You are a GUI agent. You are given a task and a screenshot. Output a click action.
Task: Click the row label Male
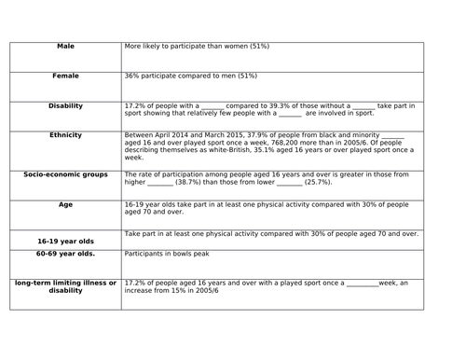[65, 46]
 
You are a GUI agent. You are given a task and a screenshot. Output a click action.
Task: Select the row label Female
[65, 76]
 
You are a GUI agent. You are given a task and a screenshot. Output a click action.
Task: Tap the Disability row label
[65, 106]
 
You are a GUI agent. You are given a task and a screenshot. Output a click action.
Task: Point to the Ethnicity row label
[65, 135]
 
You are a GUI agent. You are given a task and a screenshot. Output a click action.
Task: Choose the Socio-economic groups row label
[65, 174]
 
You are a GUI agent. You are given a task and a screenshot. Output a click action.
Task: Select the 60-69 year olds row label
[65, 252]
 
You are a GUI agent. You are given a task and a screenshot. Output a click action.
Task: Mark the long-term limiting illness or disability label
[65, 286]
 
